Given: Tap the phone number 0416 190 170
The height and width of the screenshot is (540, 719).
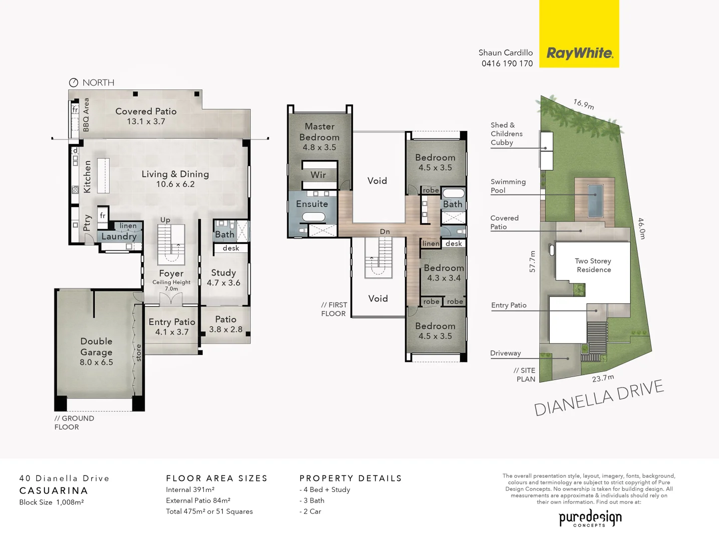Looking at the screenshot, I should point(507,63).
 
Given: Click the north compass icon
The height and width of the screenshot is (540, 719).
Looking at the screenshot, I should point(73,82).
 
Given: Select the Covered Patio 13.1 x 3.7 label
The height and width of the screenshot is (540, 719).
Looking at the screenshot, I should point(146,116).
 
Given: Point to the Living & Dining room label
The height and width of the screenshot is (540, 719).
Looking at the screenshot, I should point(175,178).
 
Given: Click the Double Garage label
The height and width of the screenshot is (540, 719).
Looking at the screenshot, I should point(96,351).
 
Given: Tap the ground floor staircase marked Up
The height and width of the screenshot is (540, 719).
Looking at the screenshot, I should point(171,244).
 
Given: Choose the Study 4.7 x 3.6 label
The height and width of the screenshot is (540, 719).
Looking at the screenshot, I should point(223,277).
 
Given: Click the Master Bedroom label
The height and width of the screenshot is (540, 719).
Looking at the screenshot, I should point(320,136).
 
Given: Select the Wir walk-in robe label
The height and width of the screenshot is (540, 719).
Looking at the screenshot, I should point(318,175).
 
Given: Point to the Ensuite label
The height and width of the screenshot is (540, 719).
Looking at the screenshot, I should point(312,204).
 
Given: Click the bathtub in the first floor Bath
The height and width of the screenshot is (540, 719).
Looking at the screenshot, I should point(453,193).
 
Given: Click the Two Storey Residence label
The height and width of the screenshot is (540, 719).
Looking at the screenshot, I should point(593,265).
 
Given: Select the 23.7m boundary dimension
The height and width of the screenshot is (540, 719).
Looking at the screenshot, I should point(603,378).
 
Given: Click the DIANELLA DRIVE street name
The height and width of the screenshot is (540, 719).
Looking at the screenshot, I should point(599,397).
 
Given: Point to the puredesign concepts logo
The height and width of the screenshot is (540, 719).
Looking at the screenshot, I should point(590,518).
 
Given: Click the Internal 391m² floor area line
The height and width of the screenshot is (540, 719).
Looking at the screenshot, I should point(190,489).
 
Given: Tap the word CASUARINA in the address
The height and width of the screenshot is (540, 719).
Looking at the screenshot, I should point(53,490).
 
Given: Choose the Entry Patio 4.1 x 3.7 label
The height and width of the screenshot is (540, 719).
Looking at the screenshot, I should point(172,326).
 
